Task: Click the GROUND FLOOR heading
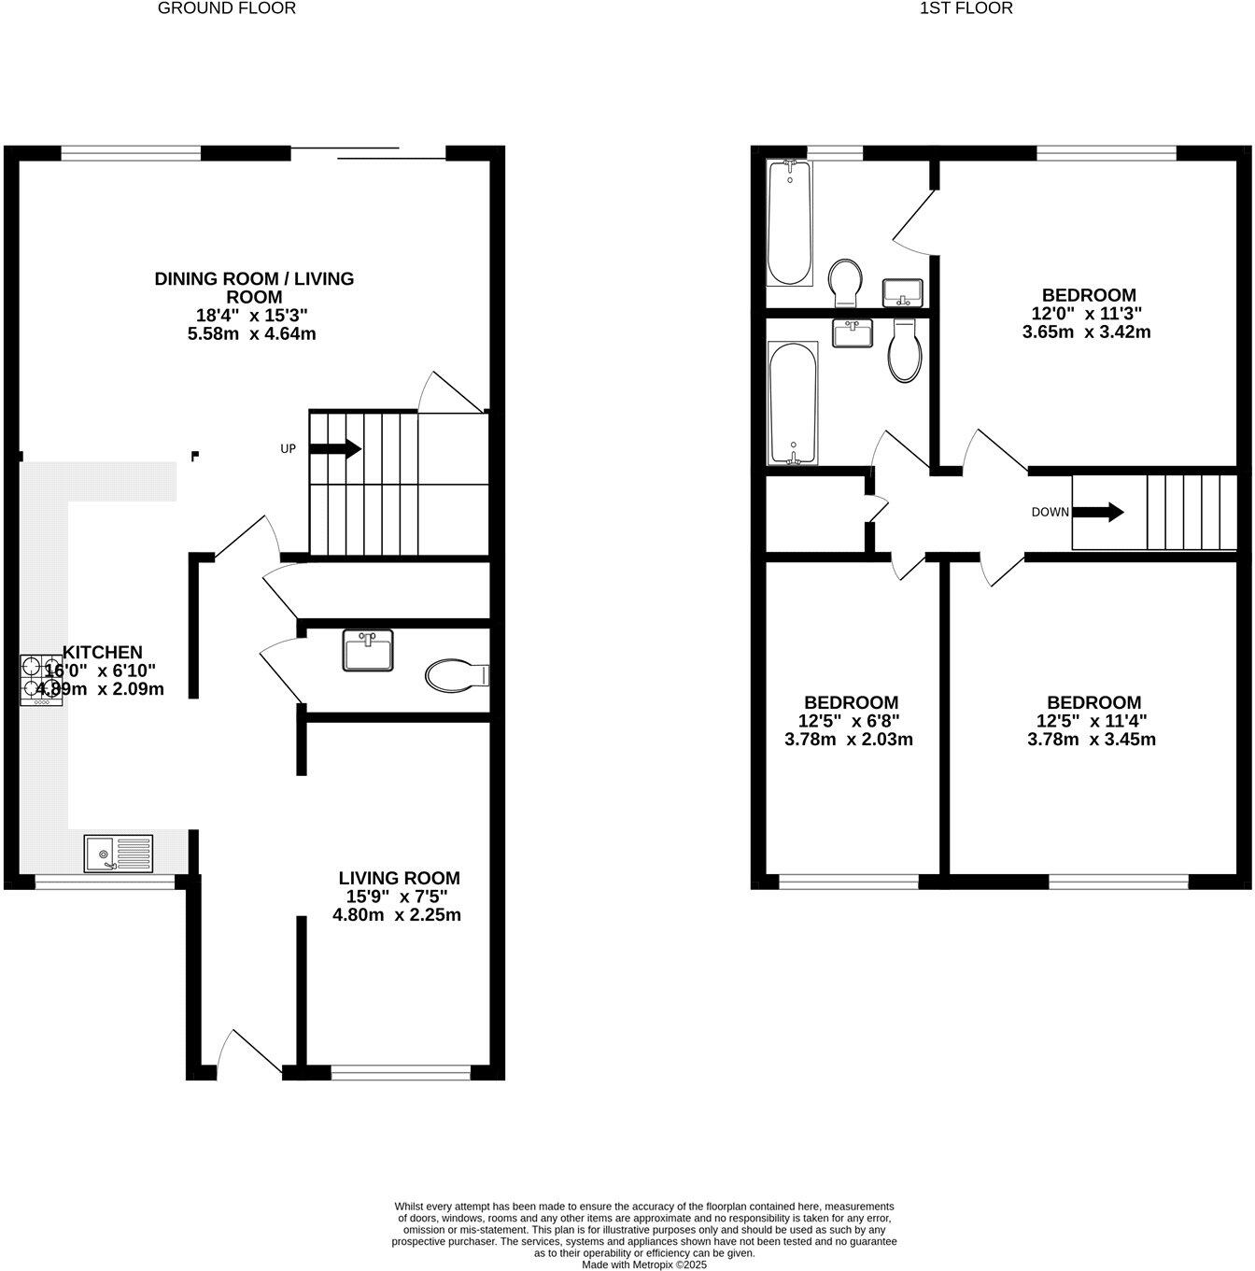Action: [226, 8]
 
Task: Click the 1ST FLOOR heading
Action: [966, 8]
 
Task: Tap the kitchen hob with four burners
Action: [42, 680]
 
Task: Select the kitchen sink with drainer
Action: [119, 853]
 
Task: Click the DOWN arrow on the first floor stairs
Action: [1103, 512]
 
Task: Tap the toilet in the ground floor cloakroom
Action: [456, 674]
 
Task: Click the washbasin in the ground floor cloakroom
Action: [368, 650]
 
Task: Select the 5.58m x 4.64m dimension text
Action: [252, 333]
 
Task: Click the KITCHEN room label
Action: [102, 652]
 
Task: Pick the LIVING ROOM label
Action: [399, 878]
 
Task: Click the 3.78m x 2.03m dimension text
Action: [849, 740]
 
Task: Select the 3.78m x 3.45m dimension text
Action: [1092, 740]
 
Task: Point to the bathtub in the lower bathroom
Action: [793, 403]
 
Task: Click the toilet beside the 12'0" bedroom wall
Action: [905, 352]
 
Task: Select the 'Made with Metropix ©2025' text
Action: [644, 1264]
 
